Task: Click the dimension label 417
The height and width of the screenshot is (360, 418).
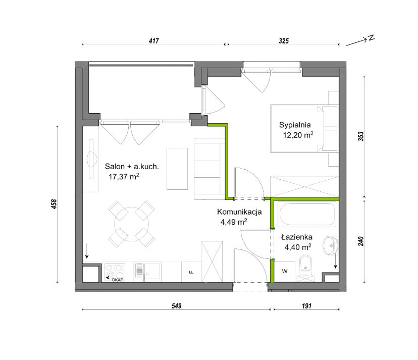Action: tap(154, 41)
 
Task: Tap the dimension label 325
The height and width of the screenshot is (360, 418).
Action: tap(284, 41)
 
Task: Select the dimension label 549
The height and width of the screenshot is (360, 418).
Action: tap(176, 305)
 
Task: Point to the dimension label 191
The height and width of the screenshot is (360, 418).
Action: tap(306, 305)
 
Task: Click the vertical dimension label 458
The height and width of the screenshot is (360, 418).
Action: tap(54, 204)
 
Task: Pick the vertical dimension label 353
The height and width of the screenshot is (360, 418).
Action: tap(360, 136)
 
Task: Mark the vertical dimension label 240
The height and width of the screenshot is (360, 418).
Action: tap(360, 241)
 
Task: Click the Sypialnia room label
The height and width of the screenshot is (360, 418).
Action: tap(295, 125)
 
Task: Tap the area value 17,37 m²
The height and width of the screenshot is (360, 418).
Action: tap(124, 177)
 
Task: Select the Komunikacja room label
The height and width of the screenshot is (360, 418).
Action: tap(239, 212)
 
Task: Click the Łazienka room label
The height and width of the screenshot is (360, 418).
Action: tap(297, 237)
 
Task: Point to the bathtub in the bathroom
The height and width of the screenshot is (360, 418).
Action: tap(306, 214)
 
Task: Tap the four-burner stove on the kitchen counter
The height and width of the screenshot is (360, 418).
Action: tap(115, 272)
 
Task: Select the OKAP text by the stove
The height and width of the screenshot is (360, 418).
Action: tap(117, 280)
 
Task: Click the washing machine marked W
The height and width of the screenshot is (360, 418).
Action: tap(285, 271)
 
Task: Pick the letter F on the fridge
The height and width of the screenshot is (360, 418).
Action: tap(191, 272)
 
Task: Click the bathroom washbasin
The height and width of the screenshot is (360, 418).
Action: tap(330, 245)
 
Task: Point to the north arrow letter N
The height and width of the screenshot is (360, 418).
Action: tap(372, 38)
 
